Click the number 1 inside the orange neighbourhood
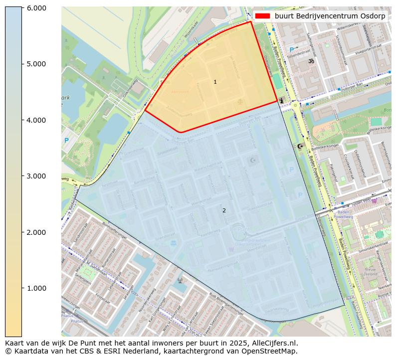[x=215, y=82]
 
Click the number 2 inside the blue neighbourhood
[x=224, y=210]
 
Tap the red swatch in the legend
[x=262, y=16]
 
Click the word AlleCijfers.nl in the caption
[x=275, y=343]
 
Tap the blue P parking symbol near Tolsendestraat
[x=292, y=50]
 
